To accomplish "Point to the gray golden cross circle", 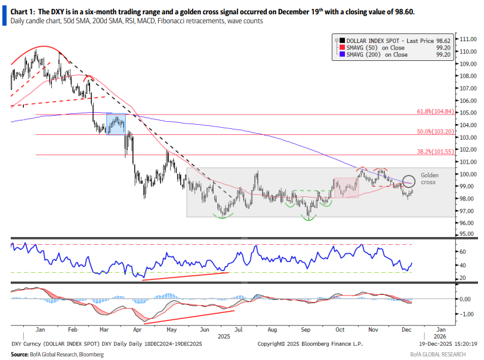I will coord(408,180).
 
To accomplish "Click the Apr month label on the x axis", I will coord(138,329).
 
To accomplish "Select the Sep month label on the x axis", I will coord(305,329).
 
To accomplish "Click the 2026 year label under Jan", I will coord(439,337).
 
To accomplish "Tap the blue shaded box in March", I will coord(116,124).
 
